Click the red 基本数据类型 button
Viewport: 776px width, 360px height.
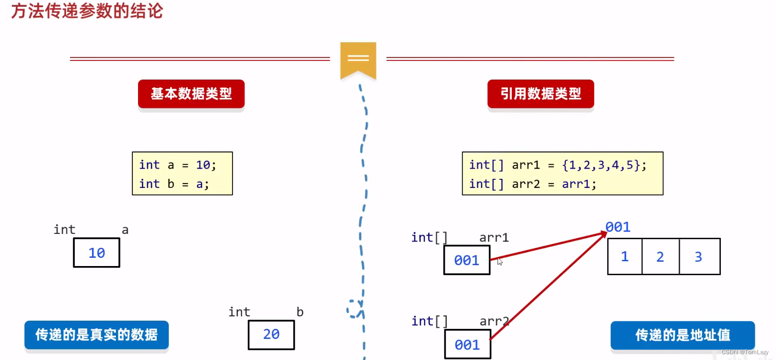pyautogui.click(x=191, y=94)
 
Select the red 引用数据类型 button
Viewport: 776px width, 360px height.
pyautogui.click(x=541, y=94)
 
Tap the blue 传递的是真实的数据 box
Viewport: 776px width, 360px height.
pyautogui.click(x=96, y=335)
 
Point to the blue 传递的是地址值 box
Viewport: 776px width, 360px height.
pyautogui.click(x=683, y=335)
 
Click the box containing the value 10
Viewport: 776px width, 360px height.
pyautogui.click(x=96, y=253)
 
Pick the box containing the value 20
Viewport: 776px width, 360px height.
pyautogui.click(x=271, y=335)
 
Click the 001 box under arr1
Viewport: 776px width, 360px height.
pyautogui.click(x=467, y=260)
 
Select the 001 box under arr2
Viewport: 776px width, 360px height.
pyautogui.click(x=467, y=345)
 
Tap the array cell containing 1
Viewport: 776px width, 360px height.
pyautogui.click(x=625, y=257)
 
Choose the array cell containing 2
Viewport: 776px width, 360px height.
pyautogui.click(x=660, y=257)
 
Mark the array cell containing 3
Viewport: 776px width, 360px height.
pyautogui.click(x=699, y=257)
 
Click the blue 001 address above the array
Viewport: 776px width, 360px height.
pyautogui.click(x=618, y=227)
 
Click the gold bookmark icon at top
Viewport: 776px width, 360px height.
pyautogui.click(x=358, y=59)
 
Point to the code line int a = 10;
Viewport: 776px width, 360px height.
pyautogui.click(x=177, y=165)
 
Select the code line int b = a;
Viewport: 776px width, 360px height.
pyautogui.click(x=174, y=184)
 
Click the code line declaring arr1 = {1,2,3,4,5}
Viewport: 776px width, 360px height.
pyautogui.click(x=557, y=165)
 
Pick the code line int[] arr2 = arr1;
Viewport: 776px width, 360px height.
pyautogui.click(x=533, y=184)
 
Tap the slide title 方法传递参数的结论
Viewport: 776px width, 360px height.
pyautogui.click(x=87, y=11)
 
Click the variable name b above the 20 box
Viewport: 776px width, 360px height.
pyautogui.click(x=300, y=312)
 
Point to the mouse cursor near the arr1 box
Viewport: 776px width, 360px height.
pyautogui.click(x=500, y=262)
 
